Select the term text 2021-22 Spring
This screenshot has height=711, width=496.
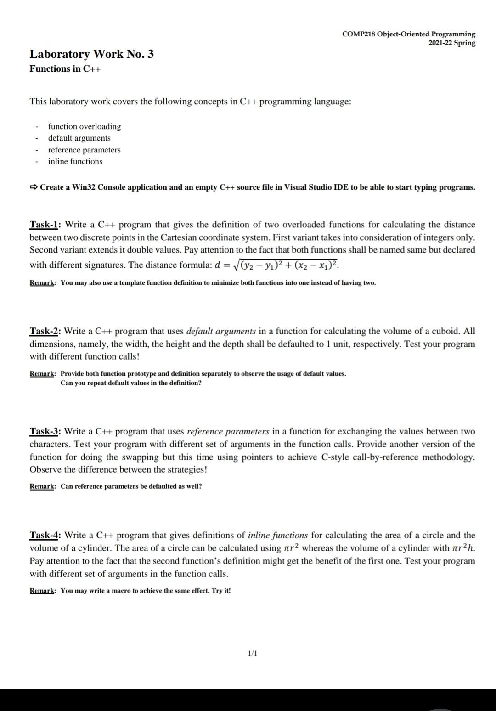(x=452, y=43)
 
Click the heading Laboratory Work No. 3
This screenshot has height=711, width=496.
(x=92, y=54)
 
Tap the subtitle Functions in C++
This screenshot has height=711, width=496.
(x=65, y=69)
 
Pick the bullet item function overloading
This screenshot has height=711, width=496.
(x=85, y=126)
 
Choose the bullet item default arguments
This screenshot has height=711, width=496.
(x=79, y=138)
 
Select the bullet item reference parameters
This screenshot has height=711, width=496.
(x=85, y=150)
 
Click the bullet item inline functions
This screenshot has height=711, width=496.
(x=75, y=161)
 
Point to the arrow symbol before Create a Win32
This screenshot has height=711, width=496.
(x=34, y=187)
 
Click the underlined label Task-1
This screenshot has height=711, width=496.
(x=45, y=225)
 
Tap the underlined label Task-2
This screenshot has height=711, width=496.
(x=45, y=331)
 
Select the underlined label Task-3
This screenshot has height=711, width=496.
(x=45, y=431)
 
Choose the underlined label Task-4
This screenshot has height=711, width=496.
(x=45, y=535)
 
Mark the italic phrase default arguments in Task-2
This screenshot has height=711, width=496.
(x=221, y=331)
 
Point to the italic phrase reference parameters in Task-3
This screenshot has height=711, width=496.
(x=228, y=431)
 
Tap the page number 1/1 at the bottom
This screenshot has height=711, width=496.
(x=252, y=653)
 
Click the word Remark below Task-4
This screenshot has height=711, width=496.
(x=43, y=591)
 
